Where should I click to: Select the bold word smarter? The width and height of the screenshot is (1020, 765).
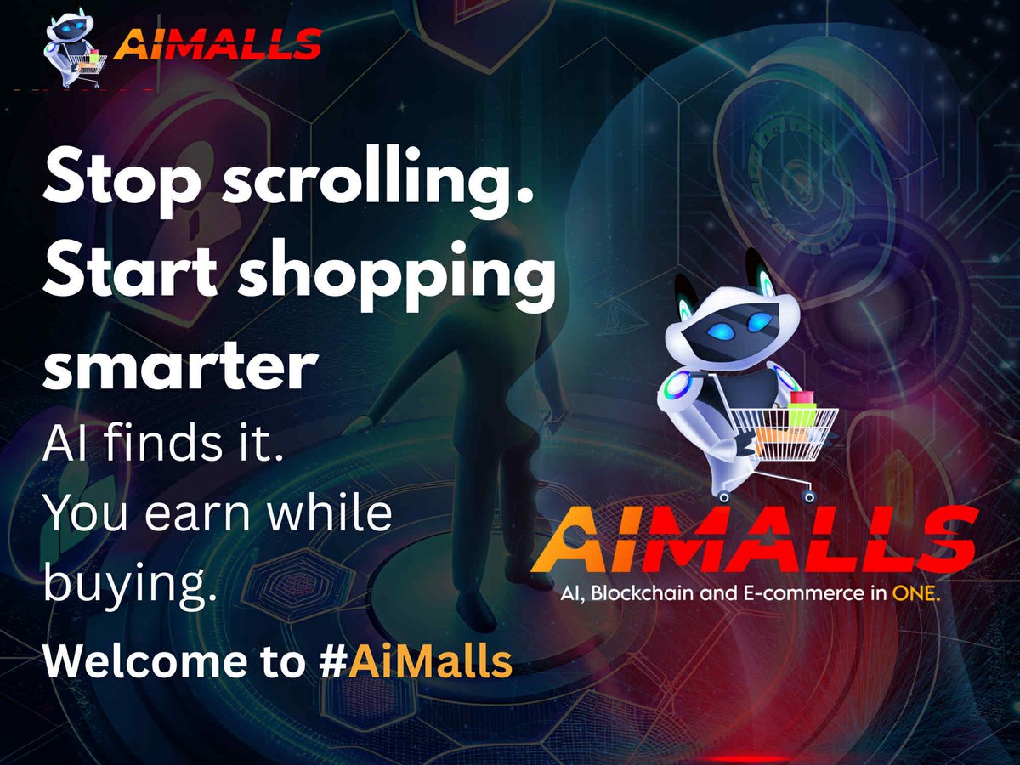coord(179,367)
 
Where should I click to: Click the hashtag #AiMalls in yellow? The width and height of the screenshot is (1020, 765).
coord(429,660)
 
